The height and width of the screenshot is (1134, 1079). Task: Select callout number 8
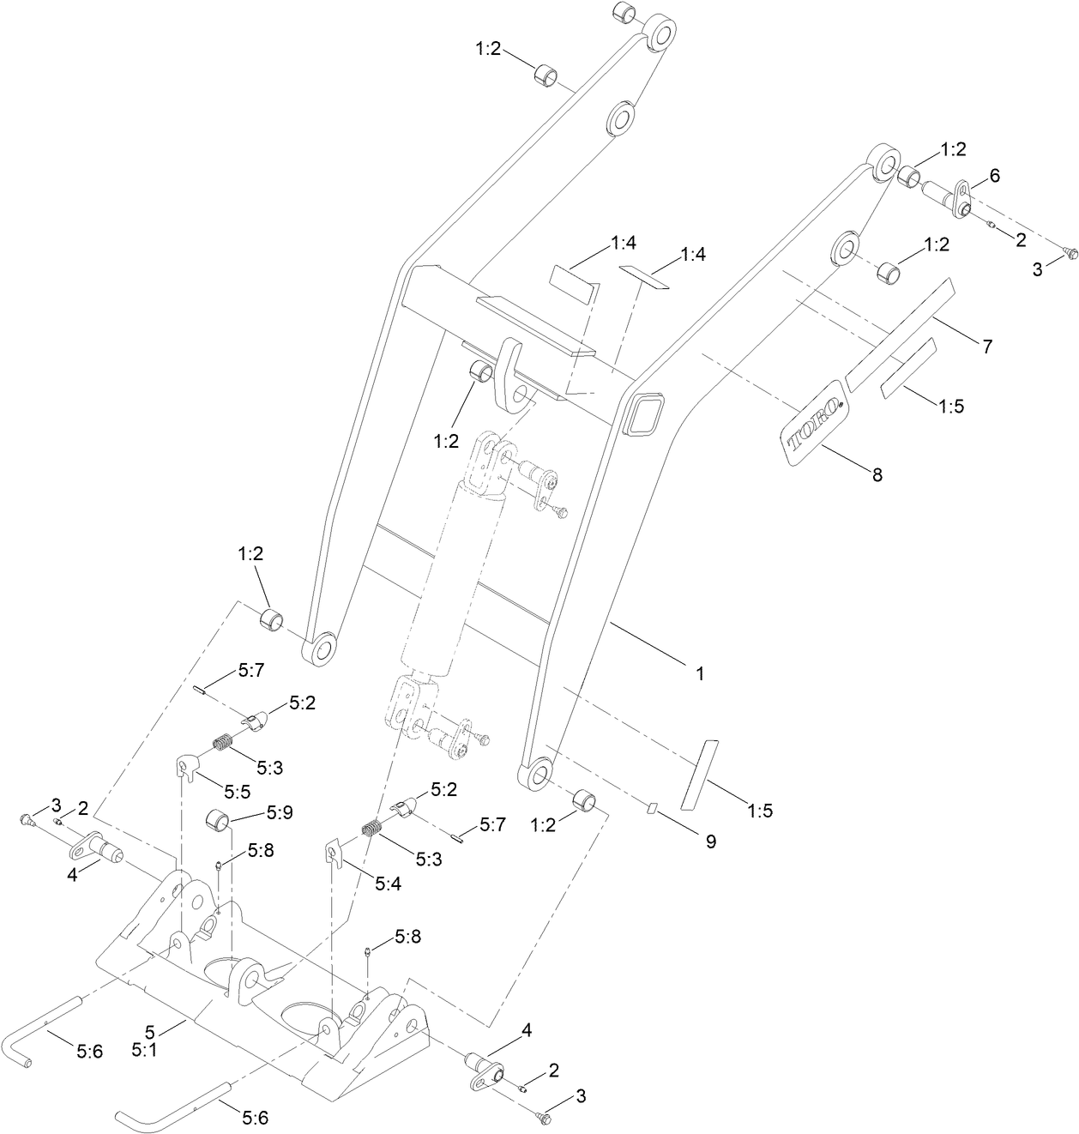click(x=877, y=474)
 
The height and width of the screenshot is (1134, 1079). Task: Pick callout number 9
click(x=710, y=841)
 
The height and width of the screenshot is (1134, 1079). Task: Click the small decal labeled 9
click(x=651, y=806)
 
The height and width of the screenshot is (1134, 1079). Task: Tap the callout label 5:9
click(x=280, y=811)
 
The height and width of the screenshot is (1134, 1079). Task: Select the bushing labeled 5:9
click(x=218, y=821)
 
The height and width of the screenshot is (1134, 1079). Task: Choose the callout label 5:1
click(x=143, y=1048)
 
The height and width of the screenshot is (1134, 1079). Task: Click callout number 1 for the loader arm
click(x=700, y=674)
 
